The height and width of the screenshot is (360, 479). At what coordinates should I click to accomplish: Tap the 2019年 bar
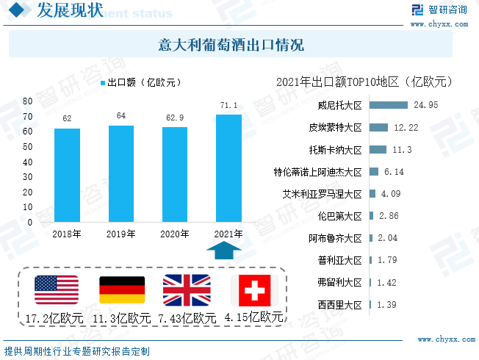[121, 173]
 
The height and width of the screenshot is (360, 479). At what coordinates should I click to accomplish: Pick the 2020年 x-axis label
[175, 234]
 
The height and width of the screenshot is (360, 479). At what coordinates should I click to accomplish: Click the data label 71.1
[228, 107]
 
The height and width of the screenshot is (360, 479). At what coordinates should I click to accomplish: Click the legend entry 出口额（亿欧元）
[140, 82]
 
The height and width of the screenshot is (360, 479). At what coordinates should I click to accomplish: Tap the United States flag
[57, 290]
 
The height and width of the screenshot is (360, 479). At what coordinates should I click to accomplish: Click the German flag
[121, 290]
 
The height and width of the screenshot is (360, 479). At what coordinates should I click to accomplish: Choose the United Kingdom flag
[186, 290]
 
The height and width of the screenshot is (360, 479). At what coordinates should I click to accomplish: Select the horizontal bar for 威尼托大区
[388, 105]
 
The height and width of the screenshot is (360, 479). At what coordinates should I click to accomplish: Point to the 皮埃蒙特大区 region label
[336, 128]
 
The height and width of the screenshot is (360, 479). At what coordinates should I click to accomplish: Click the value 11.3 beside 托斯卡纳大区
[403, 150]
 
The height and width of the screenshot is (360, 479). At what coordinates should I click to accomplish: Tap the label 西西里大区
[340, 304]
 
